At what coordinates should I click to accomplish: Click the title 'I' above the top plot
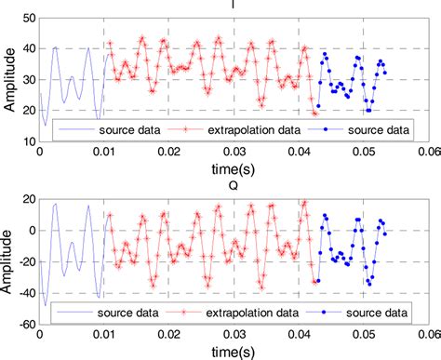point(233,5)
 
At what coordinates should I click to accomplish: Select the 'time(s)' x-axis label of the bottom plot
point(233,351)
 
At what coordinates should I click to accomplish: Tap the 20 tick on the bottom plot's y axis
point(29,199)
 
